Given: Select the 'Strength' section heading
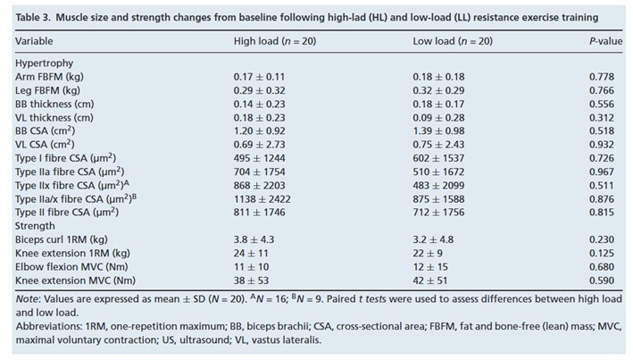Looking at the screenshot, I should point(37,226).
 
